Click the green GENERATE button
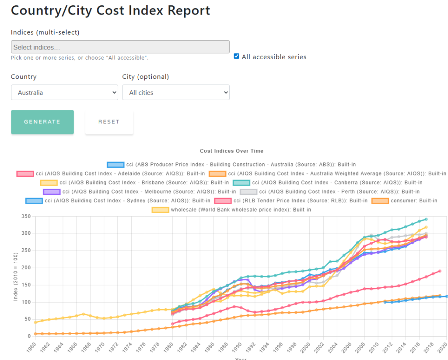42,122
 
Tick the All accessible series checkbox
237,56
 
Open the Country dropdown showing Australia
64,92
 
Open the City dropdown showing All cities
175,92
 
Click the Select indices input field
120,47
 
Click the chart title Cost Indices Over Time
231,151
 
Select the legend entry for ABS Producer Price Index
231,165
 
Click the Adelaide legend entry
110,174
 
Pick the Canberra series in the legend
326,183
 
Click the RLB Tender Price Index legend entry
291,201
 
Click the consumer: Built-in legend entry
404,201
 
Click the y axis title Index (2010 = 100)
15,276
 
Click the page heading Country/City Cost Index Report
110,11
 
